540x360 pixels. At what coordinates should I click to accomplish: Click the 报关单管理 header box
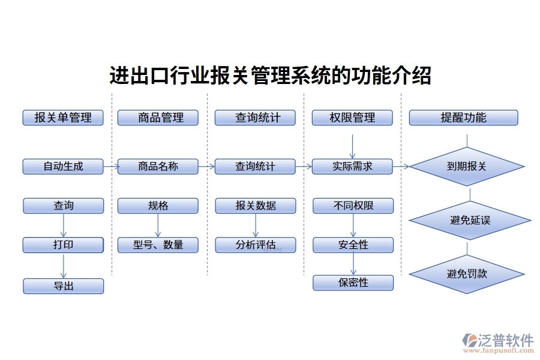(63, 118)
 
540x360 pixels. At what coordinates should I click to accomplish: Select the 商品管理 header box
(158, 118)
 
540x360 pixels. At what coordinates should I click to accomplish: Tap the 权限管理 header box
(352, 118)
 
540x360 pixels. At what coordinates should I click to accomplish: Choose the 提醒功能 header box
(463, 118)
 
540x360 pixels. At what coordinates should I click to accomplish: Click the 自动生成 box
(63, 166)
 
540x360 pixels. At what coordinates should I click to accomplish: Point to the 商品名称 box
(158, 166)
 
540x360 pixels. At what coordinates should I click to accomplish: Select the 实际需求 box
(352, 166)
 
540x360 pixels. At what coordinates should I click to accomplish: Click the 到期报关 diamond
(467, 167)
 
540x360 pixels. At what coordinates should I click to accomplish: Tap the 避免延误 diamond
(470, 220)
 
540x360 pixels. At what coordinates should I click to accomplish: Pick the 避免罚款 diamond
(467, 274)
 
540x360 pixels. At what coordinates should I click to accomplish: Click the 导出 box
(63, 286)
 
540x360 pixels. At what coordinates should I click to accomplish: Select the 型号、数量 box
(158, 245)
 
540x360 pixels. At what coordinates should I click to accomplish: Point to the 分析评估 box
(256, 245)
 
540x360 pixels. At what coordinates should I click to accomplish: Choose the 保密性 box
(353, 283)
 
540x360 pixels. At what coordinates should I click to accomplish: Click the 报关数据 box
(256, 206)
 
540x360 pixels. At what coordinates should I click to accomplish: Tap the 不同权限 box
(353, 206)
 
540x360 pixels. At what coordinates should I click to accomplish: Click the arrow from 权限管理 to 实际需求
(352, 146)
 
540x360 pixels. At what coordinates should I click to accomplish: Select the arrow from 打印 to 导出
(63, 265)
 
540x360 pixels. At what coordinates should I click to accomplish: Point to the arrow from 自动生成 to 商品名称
(110, 166)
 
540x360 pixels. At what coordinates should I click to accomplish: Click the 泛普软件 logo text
(505, 341)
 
